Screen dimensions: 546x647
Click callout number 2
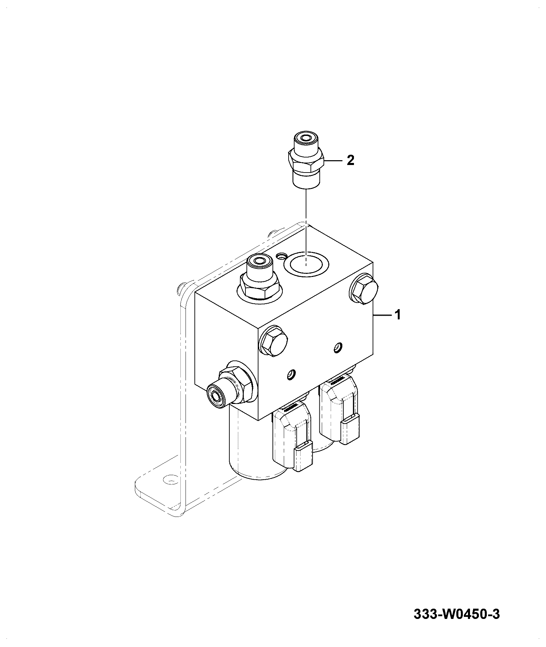click(350, 160)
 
